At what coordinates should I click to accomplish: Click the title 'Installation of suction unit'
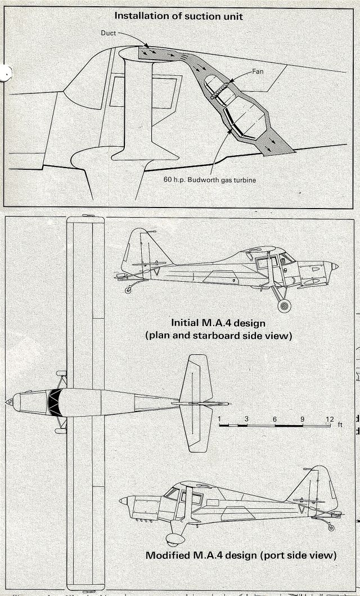pyautogui.click(x=178, y=16)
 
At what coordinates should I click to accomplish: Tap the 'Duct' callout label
pyautogui.click(x=109, y=33)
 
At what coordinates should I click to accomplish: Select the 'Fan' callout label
pyautogui.click(x=258, y=71)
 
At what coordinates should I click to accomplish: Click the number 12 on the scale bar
pyautogui.click(x=329, y=419)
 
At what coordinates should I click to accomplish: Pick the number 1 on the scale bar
pyautogui.click(x=220, y=419)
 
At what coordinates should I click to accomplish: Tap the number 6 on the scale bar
pyautogui.click(x=274, y=419)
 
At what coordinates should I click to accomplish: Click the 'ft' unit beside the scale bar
pyautogui.click(x=339, y=425)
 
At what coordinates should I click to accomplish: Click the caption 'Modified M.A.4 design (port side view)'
pyautogui.click(x=241, y=555)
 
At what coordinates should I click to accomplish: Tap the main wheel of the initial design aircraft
pyautogui.click(x=285, y=305)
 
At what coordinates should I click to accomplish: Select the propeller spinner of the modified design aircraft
pyautogui.click(x=123, y=500)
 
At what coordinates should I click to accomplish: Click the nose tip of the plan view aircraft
pyautogui.click(x=8, y=401)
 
